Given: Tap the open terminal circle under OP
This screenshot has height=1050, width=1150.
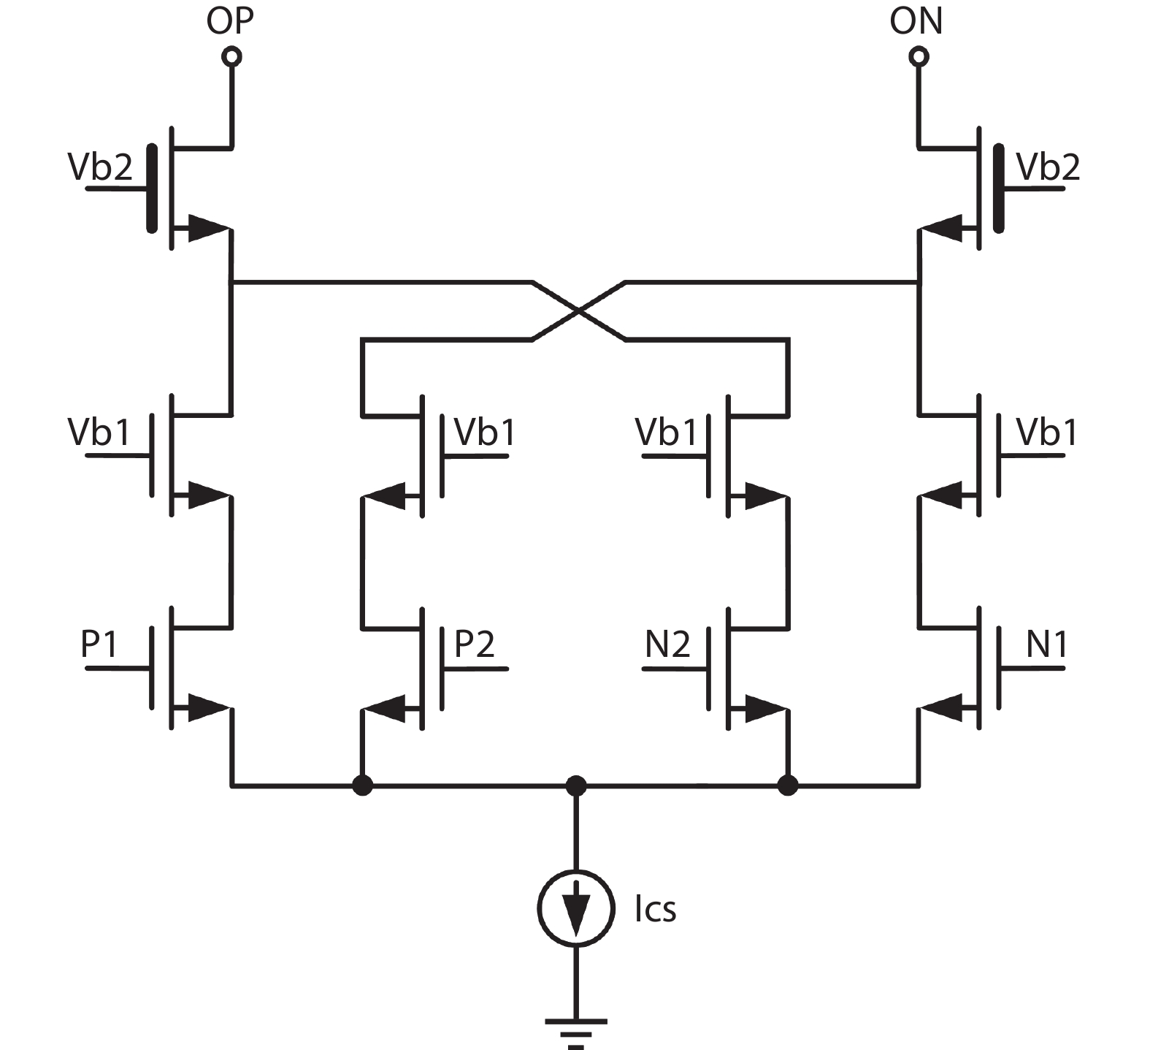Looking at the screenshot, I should [232, 56].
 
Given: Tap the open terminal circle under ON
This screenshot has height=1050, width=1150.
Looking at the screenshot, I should [919, 56].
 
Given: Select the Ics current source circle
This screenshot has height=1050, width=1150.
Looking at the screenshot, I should [575, 908].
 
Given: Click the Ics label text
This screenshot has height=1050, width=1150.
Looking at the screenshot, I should [655, 909].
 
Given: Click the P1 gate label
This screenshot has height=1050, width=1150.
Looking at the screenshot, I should [99, 644].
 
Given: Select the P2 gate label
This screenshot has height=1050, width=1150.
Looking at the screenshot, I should [475, 644].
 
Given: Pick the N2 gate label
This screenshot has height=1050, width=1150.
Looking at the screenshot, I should [667, 644].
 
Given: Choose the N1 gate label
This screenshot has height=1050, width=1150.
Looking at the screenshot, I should [1047, 644].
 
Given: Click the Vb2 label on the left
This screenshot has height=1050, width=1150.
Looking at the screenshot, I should [100, 167].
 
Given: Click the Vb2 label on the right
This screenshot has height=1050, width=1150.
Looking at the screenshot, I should [1048, 167].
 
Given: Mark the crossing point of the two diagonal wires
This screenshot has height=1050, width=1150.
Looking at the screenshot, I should [578, 311].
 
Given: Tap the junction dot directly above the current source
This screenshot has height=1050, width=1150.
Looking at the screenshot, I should [576, 786].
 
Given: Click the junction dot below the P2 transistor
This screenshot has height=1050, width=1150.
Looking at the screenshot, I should [362, 786].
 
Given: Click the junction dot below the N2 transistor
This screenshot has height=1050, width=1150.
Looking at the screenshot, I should [788, 786].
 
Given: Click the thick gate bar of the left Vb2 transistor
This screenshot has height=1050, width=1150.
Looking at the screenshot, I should [152, 189].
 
